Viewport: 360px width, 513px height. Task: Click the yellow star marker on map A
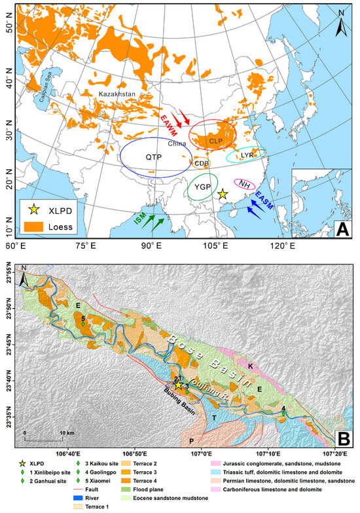[x=223, y=194]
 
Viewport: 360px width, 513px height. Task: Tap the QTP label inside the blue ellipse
[x=153, y=158]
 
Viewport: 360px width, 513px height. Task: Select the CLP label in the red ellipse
[x=216, y=141]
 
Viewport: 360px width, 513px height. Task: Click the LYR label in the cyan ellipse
[x=246, y=156]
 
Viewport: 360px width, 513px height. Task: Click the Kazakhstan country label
[x=117, y=94]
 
